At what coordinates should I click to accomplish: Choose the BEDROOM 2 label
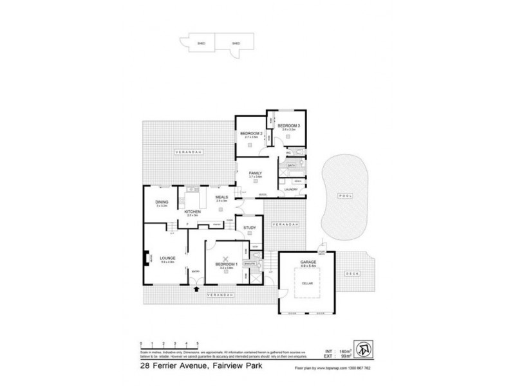click(x=252, y=133)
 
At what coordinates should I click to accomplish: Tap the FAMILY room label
click(x=256, y=173)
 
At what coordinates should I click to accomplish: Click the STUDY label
click(x=249, y=226)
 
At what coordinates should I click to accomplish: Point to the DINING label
click(x=162, y=202)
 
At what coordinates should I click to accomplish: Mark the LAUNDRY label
click(x=290, y=189)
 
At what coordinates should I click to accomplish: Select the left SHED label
click(x=191, y=43)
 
